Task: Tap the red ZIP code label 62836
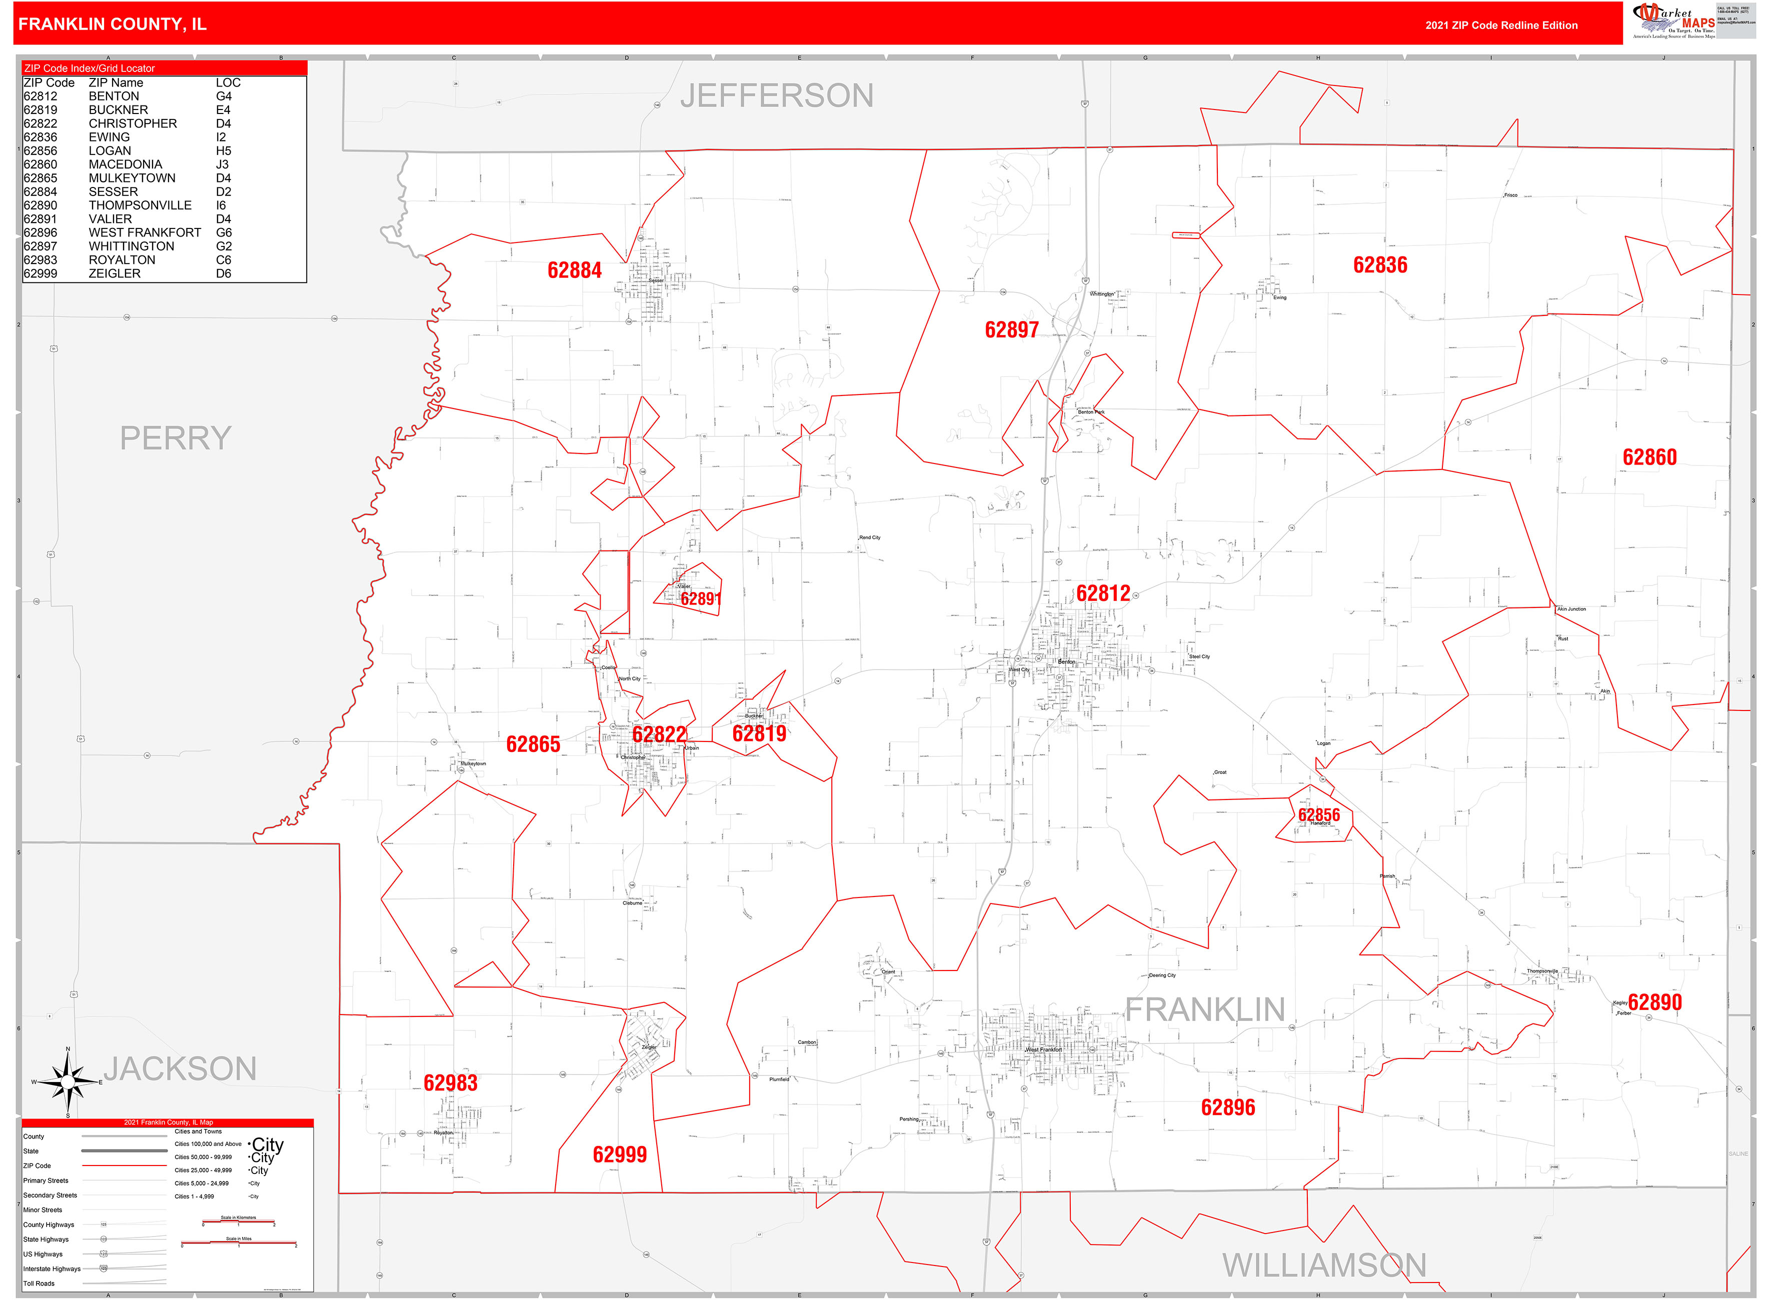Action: pyautogui.click(x=1379, y=265)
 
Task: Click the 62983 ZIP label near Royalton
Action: pyautogui.click(x=450, y=1083)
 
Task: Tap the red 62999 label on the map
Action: pyautogui.click(x=620, y=1154)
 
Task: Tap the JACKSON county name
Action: pyautogui.click(x=180, y=1068)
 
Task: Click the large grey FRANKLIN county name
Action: pyautogui.click(x=1204, y=1009)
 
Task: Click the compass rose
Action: pyautogui.click(x=69, y=1082)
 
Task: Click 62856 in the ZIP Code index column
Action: pyautogui.click(x=40, y=151)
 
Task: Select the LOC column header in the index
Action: pyautogui.click(x=228, y=82)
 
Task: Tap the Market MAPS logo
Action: pyautogui.click(x=1673, y=20)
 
